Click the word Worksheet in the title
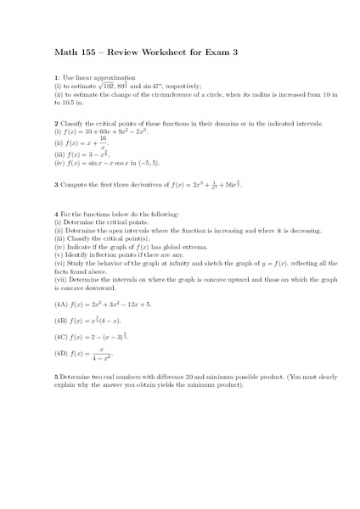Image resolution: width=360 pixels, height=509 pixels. point(158,53)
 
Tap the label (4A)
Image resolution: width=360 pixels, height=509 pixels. point(62,305)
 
